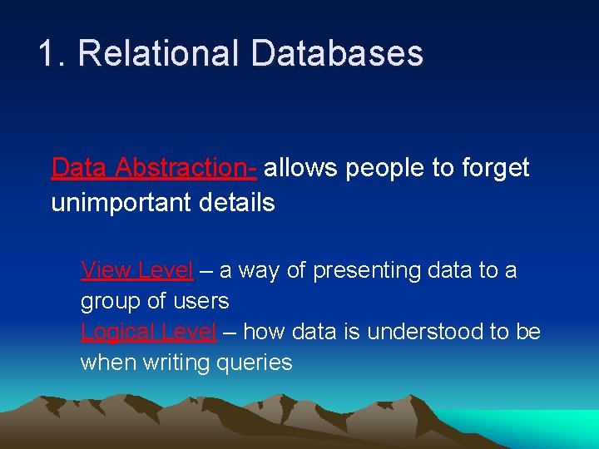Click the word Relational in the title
click(x=157, y=54)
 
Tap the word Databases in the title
click(x=336, y=54)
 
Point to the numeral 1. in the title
click(x=52, y=54)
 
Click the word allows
click(x=301, y=168)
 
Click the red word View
click(x=106, y=270)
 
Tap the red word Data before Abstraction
click(x=80, y=168)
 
